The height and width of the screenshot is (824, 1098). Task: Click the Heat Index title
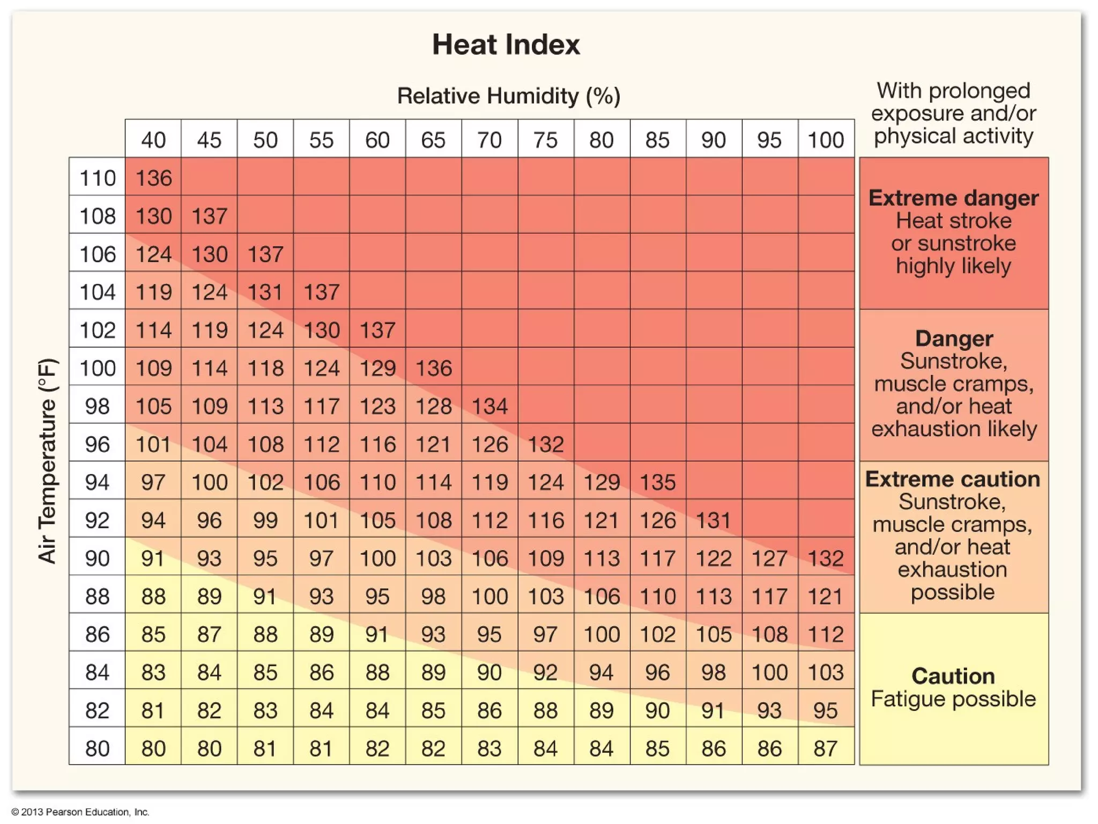pyautogui.click(x=506, y=45)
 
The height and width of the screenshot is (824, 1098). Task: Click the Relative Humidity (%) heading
pyautogui.click(x=508, y=96)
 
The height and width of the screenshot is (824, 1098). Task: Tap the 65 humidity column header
pyautogui.click(x=433, y=140)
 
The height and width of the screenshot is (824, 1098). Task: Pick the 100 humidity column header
pyautogui.click(x=826, y=140)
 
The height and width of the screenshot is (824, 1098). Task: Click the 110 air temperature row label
pyautogui.click(x=97, y=178)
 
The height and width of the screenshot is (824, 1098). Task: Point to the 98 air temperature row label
pyautogui.click(x=97, y=406)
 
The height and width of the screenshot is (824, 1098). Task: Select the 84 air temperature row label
pyautogui.click(x=97, y=672)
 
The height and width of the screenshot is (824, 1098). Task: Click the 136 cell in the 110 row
pyautogui.click(x=153, y=178)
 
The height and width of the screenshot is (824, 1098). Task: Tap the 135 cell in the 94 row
pyautogui.click(x=658, y=482)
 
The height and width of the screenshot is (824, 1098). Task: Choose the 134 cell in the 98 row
pyautogui.click(x=489, y=406)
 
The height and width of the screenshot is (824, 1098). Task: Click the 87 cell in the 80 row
pyautogui.click(x=826, y=748)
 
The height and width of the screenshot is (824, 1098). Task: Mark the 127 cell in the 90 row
pyautogui.click(x=769, y=558)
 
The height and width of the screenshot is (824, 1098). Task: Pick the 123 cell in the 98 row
pyautogui.click(x=377, y=406)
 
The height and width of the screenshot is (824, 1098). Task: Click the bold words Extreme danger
pyautogui.click(x=953, y=198)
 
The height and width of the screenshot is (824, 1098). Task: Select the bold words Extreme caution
pyautogui.click(x=953, y=479)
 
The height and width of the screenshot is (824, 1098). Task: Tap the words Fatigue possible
pyautogui.click(x=953, y=699)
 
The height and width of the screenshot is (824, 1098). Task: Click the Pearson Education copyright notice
pyautogui.click(x=80, y=812)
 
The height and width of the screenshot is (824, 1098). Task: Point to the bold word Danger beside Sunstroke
pyautogui.click(x=954, y=339)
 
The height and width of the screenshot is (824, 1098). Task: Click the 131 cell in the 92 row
pyautogui.click(x=714, y=520)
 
